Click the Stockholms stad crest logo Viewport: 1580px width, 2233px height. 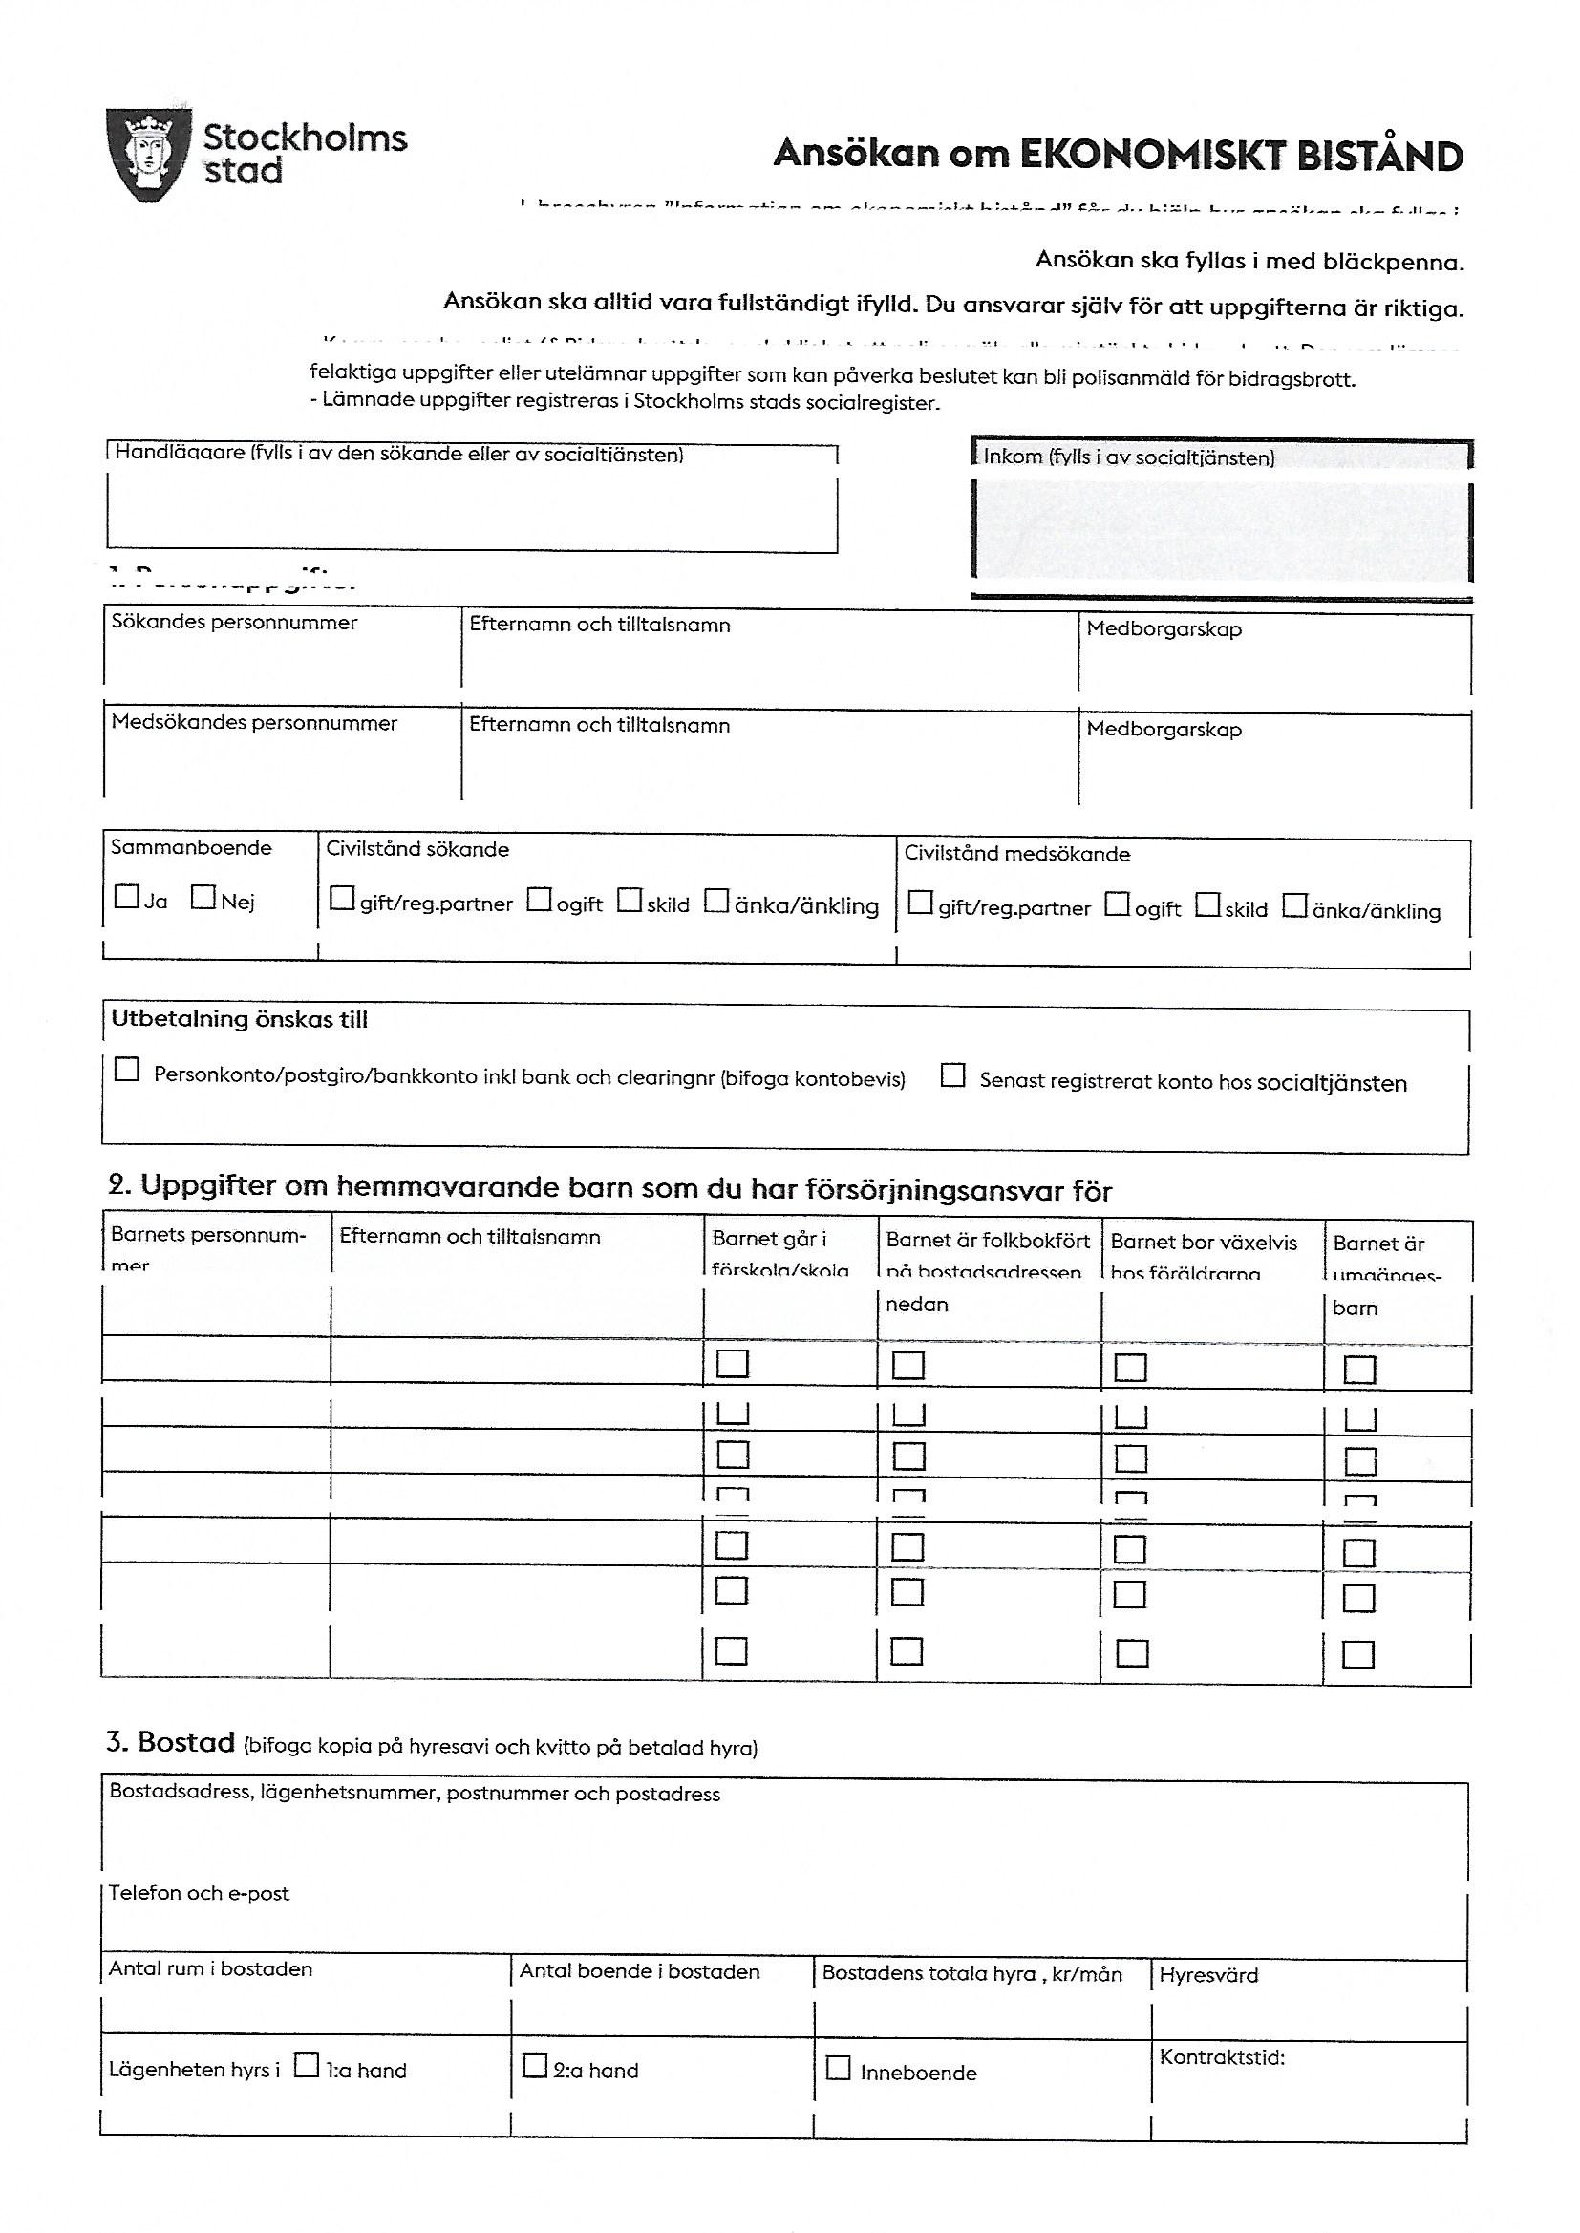[145, 156]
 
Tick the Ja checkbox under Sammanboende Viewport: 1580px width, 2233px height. [126, 896]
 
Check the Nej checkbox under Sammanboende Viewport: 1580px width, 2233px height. [203, 896]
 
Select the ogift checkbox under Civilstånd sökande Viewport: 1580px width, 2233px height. [539, 900]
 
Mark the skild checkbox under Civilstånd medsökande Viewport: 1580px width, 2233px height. [1207, 905]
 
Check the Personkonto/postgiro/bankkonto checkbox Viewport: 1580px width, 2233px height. [126, 1070]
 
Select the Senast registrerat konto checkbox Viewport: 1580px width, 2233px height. [953, 1075]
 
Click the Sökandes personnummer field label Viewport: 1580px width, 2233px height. [234, 623]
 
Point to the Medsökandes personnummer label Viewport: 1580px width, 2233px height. [254, 723]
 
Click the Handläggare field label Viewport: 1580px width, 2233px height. [399, 455]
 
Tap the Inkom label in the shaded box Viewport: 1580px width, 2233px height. [1128, 457]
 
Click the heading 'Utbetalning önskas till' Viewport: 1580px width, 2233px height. [240, 1019]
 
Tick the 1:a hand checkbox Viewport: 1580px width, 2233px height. [307, 2064]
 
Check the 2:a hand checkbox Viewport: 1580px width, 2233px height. [535, 2065]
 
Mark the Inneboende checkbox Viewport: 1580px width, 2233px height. [838, 2067]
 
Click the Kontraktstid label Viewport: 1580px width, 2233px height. [1222, 2057]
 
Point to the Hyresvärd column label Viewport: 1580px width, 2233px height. [1208, 1974]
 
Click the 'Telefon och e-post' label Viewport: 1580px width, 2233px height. [200, 1893]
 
